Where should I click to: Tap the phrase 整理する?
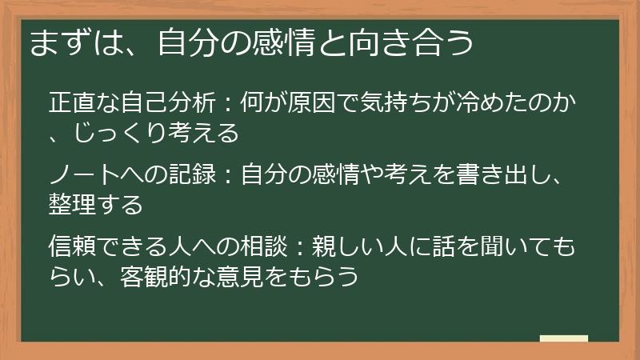[x=96, y=204]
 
